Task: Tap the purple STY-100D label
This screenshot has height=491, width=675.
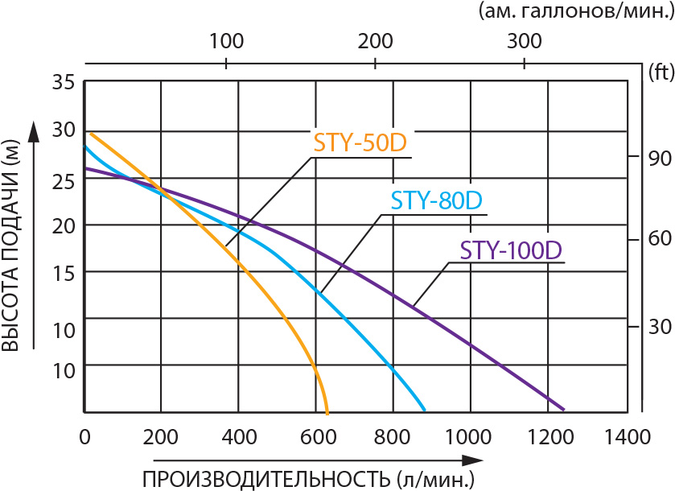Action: click(x=510, y=250)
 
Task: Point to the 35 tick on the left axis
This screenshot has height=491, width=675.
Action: click(x=64, y=82)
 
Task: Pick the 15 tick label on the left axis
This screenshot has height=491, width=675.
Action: click(x=64, y=273)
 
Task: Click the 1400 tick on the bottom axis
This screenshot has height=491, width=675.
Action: click(x=628, y=437)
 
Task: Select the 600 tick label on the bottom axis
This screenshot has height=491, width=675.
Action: click(x=316, y=437)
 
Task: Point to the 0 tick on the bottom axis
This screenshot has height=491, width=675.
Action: click(x=84, y=437)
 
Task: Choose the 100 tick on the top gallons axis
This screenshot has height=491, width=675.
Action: click(x=226, y=40)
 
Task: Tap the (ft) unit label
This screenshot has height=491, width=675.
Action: click(x=659, y=73)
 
